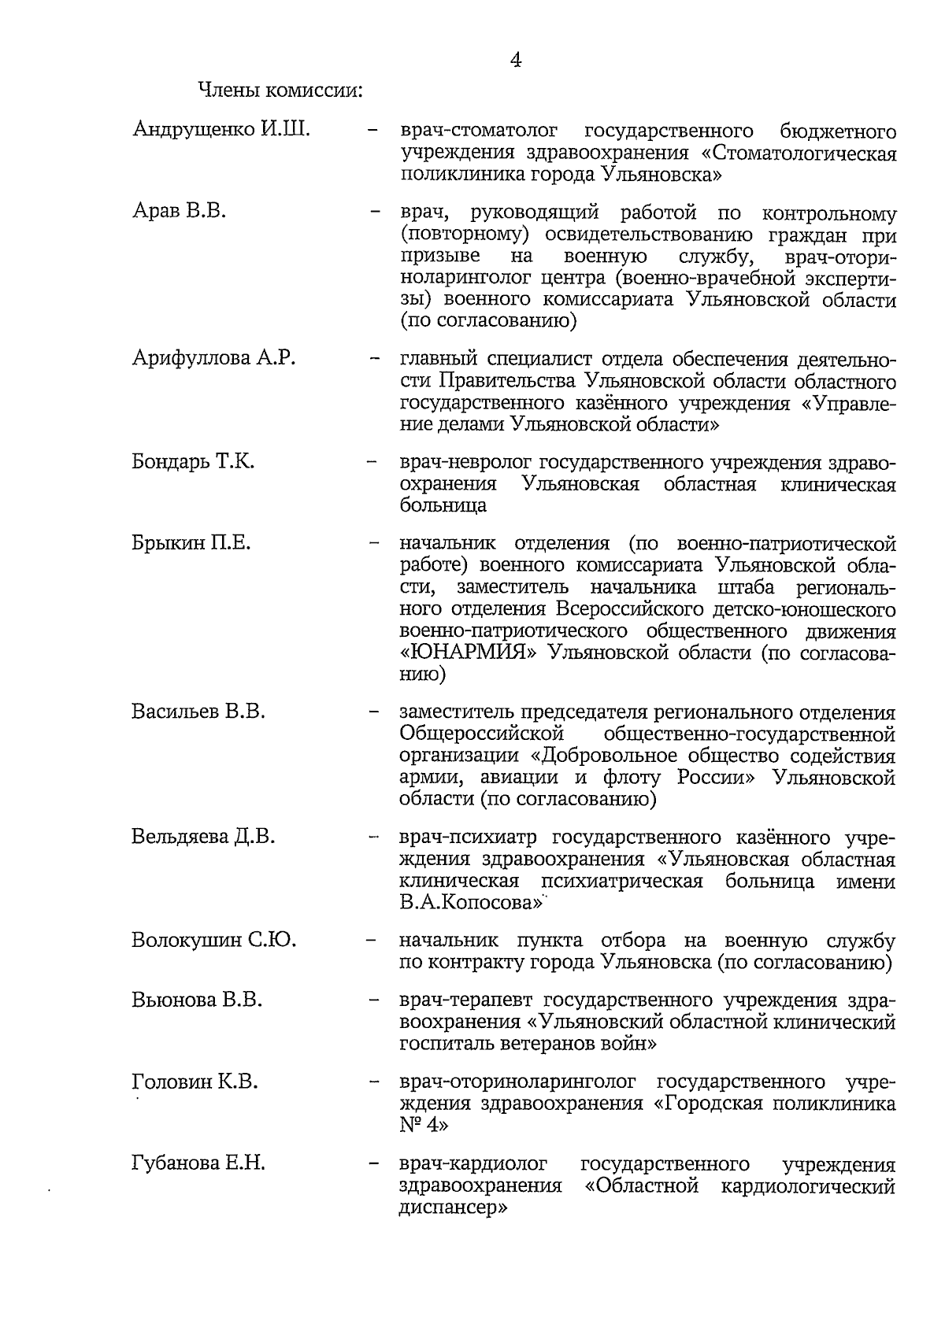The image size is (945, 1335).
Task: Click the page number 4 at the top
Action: pos(516,60)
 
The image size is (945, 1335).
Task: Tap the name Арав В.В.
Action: pos(179,211)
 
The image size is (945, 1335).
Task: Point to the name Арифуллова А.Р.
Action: pos(213,358)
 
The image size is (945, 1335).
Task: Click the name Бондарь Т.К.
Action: pos(193,461)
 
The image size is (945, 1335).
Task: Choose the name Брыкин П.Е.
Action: pos(191,542)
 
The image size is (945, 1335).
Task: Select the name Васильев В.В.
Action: pos(198,711)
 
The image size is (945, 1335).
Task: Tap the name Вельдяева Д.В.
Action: pos(203,836)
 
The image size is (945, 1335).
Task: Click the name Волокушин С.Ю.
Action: pos(213,940)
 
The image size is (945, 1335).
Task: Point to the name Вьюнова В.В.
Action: pos(196,1000)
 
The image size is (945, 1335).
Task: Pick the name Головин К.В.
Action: pos(195,1082)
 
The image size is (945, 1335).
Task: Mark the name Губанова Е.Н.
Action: pos(198,1163)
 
